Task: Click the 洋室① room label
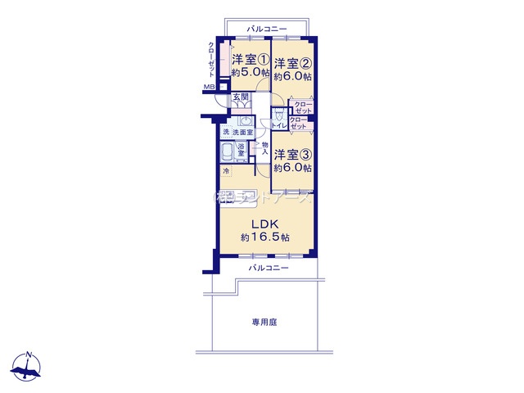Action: click(251, 60)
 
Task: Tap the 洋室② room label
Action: click(292, 64)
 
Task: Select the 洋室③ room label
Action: click(292, 155)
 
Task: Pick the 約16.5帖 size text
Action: click(264, 237)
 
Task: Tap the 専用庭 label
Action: click(264, 323)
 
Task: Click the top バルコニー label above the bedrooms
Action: click(268, 29)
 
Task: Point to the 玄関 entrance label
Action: click(240, 98)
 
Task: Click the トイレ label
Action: click(278, 125)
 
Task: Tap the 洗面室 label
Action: click(242, 133)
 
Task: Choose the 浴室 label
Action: click(242, 150)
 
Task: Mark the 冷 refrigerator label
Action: click(226, 172)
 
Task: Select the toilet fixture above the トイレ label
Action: click(278, 113)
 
